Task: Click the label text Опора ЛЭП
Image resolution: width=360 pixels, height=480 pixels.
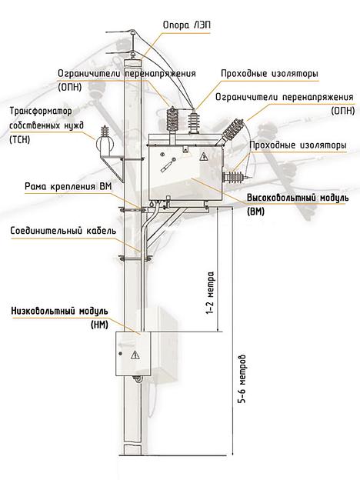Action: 185,24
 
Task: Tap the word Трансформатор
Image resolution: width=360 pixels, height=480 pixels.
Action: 37,111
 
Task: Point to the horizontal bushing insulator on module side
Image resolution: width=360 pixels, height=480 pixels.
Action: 235,177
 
